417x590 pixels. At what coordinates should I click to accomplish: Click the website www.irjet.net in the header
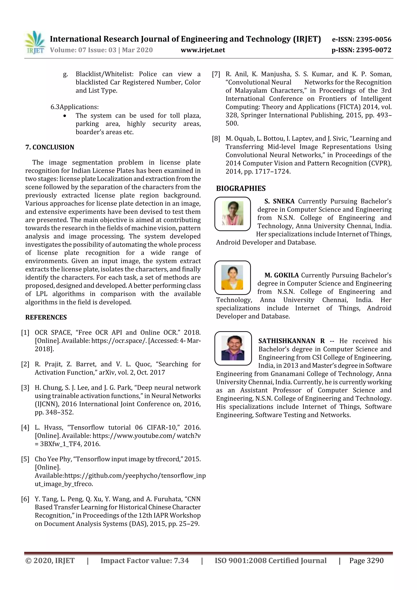(203, 50)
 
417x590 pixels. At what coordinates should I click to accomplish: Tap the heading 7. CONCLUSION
(50, 147)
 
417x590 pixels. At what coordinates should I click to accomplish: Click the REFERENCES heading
(46, 317)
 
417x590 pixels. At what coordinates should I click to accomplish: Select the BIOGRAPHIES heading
(241, 188)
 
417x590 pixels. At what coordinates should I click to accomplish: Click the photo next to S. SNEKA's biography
(233, 213)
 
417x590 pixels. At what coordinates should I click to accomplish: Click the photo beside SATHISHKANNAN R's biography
(233, 348)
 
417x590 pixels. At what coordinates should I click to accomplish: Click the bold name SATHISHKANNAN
(286, 341)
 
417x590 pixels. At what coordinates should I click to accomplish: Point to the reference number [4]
(25, 427)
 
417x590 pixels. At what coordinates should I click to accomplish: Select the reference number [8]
(216, 139)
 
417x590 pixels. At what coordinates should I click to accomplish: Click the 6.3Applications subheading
(75, 107)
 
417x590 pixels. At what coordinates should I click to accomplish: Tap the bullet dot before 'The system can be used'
(65, 116)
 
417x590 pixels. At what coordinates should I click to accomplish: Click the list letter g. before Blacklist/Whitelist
(66, 74)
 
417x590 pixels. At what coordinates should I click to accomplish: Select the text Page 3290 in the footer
(366, 560)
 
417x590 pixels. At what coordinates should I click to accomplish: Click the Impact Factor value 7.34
(181, 560)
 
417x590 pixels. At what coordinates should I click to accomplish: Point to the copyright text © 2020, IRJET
(50, 560)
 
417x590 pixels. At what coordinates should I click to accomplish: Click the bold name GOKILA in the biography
(286, 275)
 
